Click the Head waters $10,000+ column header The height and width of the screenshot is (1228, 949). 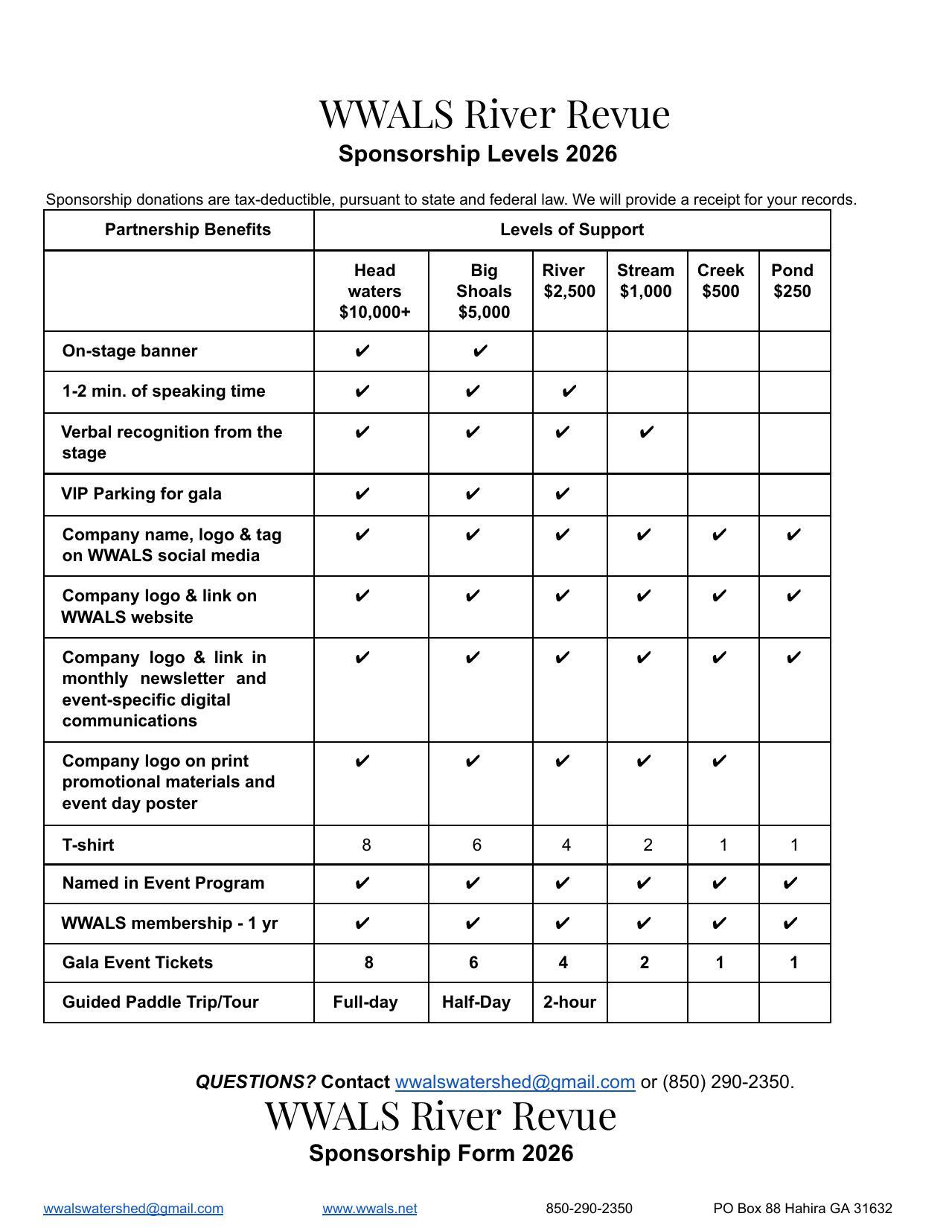click(374, 291)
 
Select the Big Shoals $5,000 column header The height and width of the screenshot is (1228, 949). click(484, 291)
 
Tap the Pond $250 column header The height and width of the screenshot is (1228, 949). click(792, 281)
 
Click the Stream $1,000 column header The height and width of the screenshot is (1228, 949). click(645, 281)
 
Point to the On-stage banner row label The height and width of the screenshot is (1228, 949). click(130, 351)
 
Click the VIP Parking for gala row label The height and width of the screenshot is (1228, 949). click(141, 494)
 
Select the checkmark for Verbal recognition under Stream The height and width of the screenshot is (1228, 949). click(647, 432)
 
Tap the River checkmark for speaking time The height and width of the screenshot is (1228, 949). click(569, 391)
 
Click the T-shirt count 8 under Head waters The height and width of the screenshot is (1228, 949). click(366, 845)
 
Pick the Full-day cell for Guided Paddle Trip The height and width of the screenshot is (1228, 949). click(365, 1002)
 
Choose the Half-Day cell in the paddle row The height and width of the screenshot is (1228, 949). click(476, 1002)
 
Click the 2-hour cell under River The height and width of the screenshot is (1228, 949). click(569, 1002)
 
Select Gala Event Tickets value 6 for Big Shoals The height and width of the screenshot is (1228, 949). click(473, 963)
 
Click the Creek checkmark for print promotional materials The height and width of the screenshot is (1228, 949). click(719, 761)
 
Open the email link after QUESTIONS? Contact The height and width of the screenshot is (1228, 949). click(514, 1082)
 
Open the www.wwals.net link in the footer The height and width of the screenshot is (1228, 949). click(369, 1209)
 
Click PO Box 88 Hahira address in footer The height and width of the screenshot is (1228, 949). click(802, 1209)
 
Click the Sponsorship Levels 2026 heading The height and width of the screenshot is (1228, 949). click(478, 154)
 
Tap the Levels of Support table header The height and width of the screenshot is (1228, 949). click(572, 230)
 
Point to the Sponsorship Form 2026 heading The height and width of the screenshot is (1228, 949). click(441, 1154)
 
